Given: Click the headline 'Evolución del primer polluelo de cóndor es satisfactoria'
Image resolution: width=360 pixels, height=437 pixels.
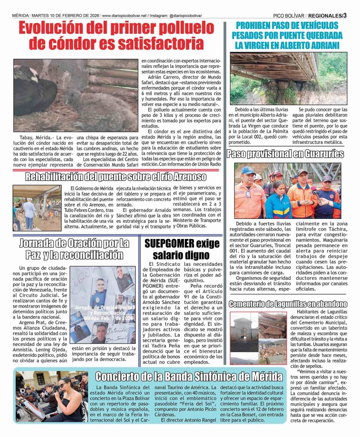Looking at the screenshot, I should coord(117,36).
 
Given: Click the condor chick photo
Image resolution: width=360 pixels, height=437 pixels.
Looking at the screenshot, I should coord(75,95).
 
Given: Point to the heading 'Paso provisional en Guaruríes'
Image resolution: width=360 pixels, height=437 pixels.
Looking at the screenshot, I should coord(286,154).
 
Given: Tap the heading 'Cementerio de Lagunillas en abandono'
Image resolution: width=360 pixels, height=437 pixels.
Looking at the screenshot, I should coord(288,304).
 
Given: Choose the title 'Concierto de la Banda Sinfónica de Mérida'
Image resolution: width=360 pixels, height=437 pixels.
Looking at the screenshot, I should coord(189,376).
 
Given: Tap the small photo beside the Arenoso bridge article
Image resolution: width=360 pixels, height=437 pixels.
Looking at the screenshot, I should coord(37,208).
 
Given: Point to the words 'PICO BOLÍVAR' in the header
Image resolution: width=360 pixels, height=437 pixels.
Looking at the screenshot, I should coord(290,15).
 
